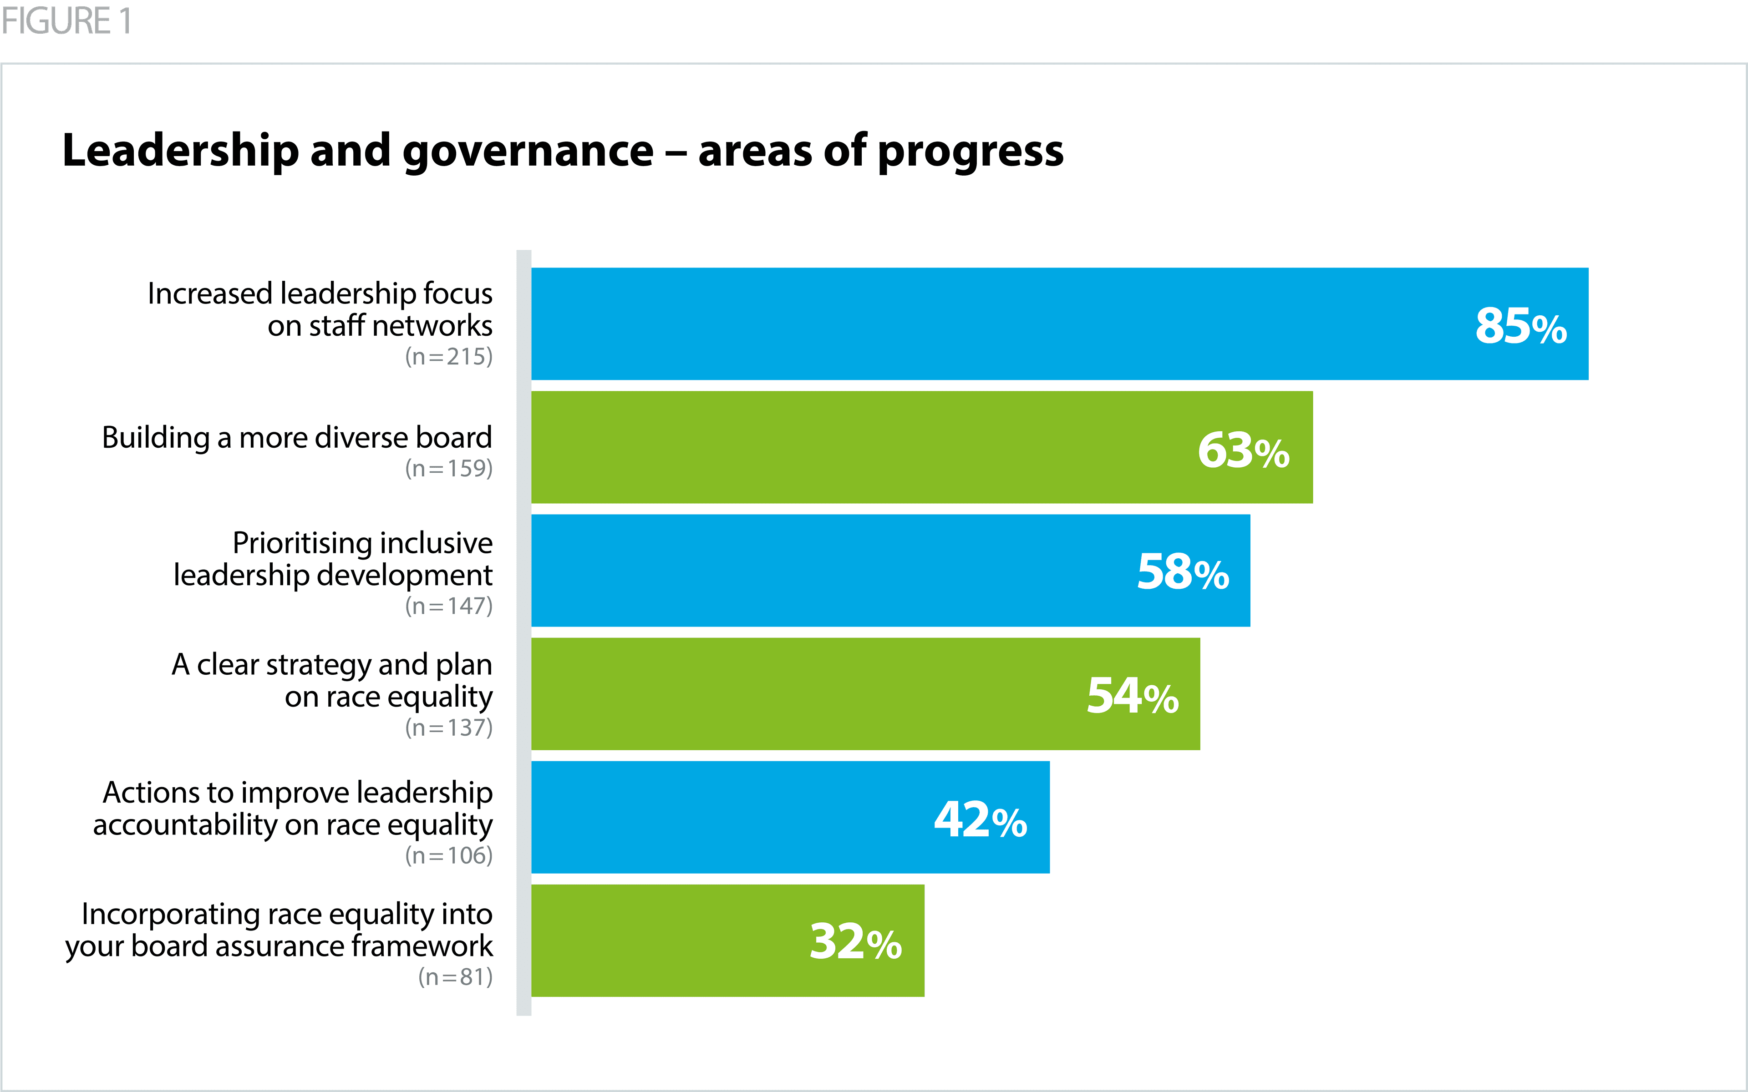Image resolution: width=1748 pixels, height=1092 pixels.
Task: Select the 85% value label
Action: tap(1520, 326)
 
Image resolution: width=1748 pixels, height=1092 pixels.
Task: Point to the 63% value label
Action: tap(1243, 450)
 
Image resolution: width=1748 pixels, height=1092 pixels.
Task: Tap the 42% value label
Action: tap(980, 820)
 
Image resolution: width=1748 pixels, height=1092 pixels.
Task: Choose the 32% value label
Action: tap(855, 942)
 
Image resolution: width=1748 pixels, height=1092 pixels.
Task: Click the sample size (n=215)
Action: tap(448, 357)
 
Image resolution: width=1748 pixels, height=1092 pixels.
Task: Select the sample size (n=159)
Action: tap(448, 469)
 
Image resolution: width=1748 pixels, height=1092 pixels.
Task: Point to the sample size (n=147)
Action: tap(448, 606)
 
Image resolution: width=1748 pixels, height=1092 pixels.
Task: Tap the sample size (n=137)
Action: tap(448, 728)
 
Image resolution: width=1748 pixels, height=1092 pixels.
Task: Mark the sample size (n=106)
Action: tap(448, 856)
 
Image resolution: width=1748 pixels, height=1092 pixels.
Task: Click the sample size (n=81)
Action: tap(455, 977)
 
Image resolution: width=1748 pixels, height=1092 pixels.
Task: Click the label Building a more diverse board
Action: tap(297, 438)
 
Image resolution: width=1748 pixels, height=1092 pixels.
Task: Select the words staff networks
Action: tap(401, 326)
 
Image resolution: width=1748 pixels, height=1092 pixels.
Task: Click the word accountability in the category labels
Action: tap(184, 825)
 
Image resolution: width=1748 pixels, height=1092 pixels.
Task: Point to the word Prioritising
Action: tap(300, 543)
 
